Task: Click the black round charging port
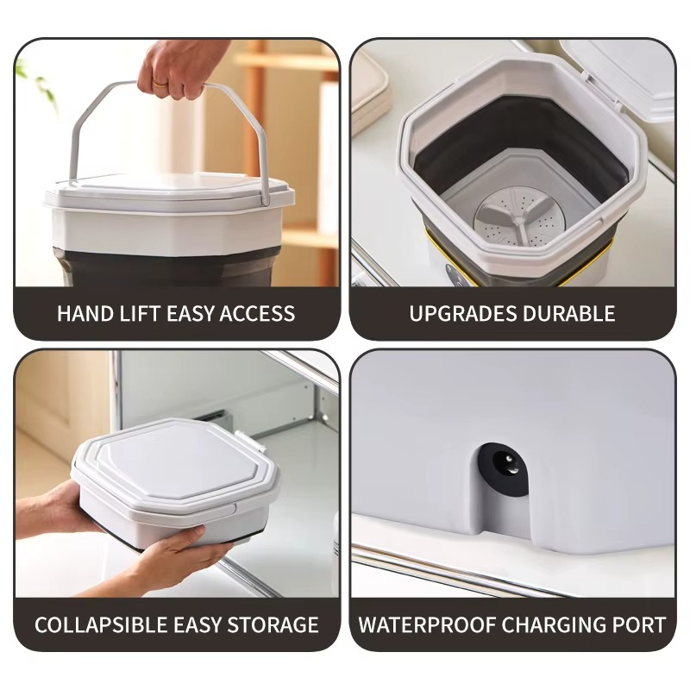pos(503,471)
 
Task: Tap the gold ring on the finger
pos(160,84)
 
